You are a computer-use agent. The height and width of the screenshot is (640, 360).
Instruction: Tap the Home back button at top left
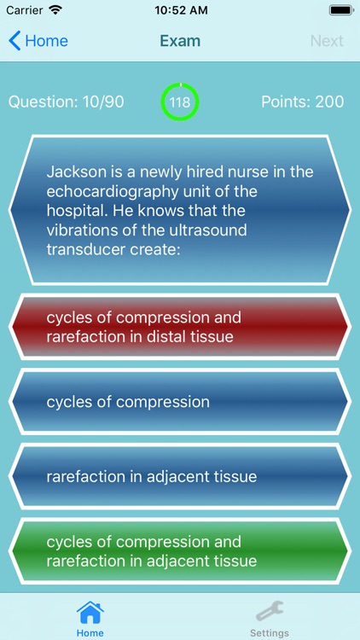pyautogui.click(x=38, y=41)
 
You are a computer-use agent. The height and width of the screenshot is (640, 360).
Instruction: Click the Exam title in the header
pyautogui.click(x=180, y=41)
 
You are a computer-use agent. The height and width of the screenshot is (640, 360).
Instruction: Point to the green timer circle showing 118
pyautogui.click(x=180, y=102)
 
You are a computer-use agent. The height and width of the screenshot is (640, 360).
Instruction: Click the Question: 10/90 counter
pyautogui.click(x=67, y=102)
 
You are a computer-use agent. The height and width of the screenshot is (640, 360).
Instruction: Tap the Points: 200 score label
pyautogui.click(x=302, y=102)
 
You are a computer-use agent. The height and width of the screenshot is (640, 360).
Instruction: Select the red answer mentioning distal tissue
pyautogui.click(x=180, y=327)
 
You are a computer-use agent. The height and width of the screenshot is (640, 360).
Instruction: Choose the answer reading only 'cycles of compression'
pyautogui.click(x=180, y=402)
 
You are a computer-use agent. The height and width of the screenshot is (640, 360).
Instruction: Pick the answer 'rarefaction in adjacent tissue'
pyautogui.click(x=180, y=477)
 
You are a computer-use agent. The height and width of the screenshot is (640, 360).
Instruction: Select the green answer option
pyautogui.click(x=180, y=551)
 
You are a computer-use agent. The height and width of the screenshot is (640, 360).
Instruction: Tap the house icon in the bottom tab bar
pyautogui.click(x=90, y=612)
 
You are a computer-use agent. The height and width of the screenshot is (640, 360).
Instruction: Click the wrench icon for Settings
pyautogui.click(x=270, y=611)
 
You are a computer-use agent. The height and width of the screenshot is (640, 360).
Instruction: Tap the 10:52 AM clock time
pyautogui.click(x=180, y=12)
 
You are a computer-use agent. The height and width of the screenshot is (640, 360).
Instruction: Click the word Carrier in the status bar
pyautogui.click(x=25, y=12)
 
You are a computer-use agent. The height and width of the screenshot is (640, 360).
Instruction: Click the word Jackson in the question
pyautogui.click(x=77, y=172)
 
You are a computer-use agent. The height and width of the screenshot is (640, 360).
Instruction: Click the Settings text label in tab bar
pyautogui.click(x=270, y=633)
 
